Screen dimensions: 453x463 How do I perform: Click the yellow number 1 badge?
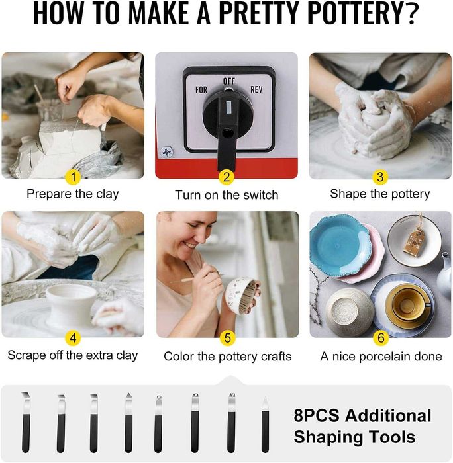(74, 177)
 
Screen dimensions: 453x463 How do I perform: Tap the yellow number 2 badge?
(226, 177)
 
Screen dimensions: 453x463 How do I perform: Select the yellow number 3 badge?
(380, 177)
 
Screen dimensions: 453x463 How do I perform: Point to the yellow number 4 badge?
(73, 338)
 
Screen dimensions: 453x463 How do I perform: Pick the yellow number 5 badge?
(227, 338)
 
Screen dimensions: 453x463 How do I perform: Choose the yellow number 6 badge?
(381, 338)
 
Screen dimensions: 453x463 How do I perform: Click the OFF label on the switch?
(229, 81)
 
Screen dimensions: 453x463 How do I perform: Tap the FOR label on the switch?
(201, 89)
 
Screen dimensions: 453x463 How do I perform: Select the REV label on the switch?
(256, 89)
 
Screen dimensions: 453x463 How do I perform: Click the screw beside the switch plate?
(167, 152)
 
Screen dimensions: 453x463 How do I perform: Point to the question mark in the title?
(411, 14)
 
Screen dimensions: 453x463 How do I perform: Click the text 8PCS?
(317, 415)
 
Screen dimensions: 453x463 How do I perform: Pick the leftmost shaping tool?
(26, 422)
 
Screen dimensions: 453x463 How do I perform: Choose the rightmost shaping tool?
(265, 425)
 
